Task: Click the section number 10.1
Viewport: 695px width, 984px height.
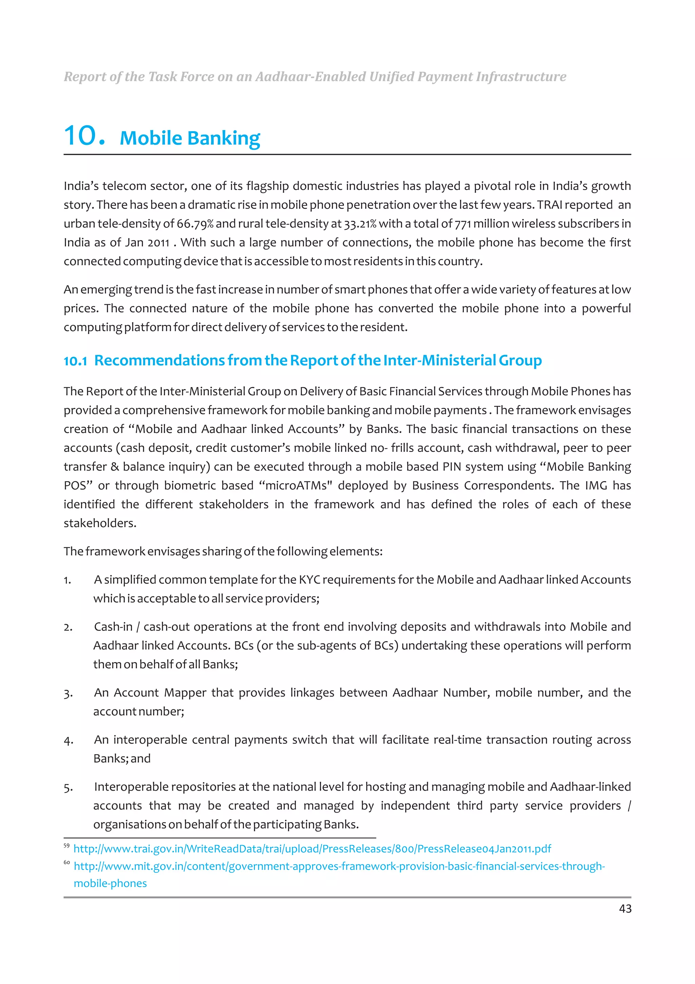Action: pyautogui.click(x=75, y=361)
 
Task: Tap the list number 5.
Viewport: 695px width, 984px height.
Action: pyautogui.click(x=68, y=788)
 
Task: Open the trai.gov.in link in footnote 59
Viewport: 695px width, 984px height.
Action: pyautogui.click(x=312, y=849)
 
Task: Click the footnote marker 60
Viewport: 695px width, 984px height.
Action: pyautogui.click(x=67, y=862)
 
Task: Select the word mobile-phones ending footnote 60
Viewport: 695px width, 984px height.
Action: pyautogui.click(x=110, y=883)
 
